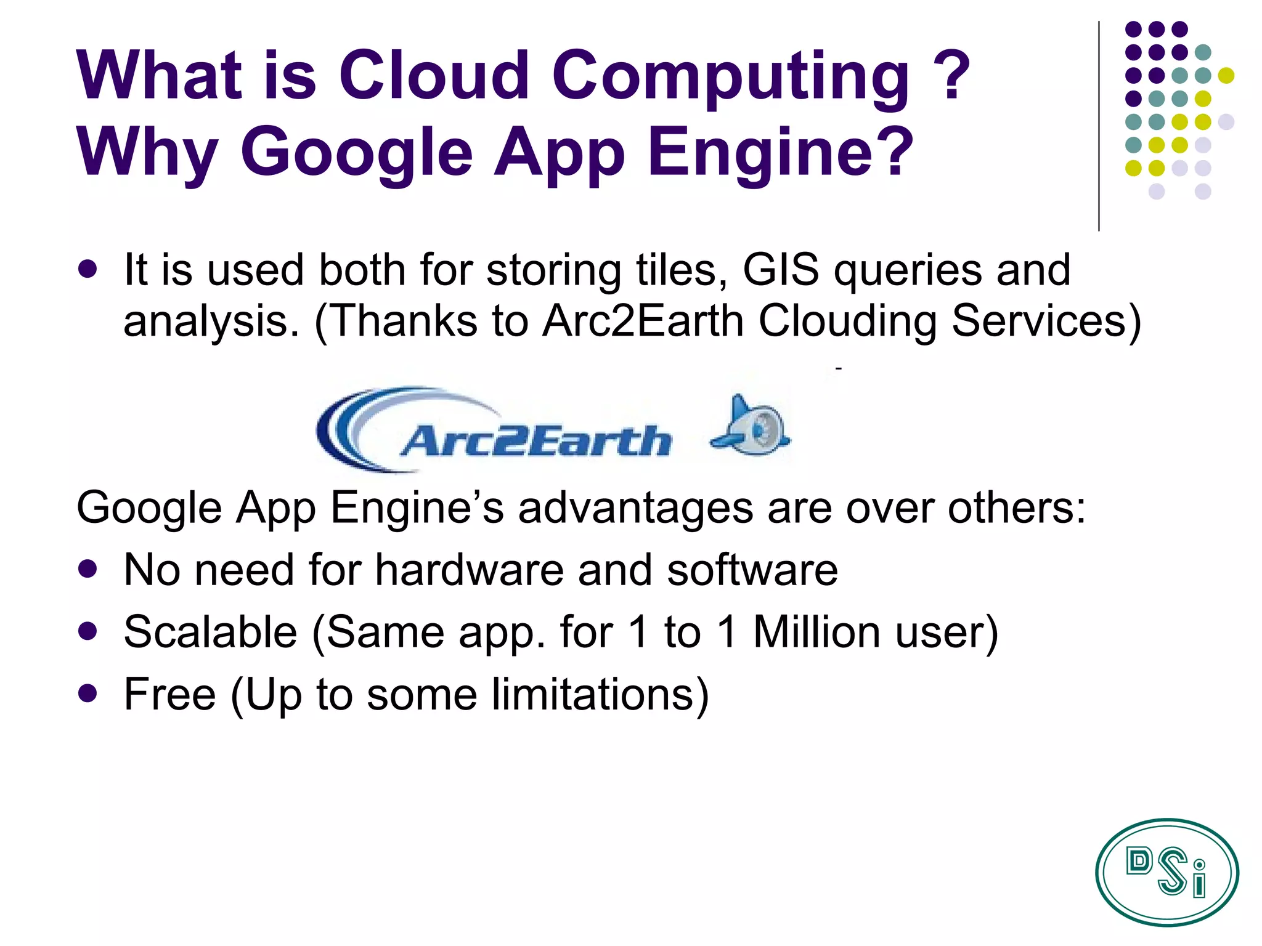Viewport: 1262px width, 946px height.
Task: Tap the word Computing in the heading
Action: point(730,76)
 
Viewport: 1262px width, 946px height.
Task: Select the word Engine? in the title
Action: point(780,152)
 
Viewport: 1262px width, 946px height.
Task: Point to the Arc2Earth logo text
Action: point(535,441)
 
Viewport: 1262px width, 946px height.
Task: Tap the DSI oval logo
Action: point(1166,871)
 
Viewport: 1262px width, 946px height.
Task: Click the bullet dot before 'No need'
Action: point(88,568)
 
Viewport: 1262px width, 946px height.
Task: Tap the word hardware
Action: point(470,570)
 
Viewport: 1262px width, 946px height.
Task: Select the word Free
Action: point(169,694)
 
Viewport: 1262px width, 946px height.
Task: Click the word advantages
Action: point(635,508)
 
